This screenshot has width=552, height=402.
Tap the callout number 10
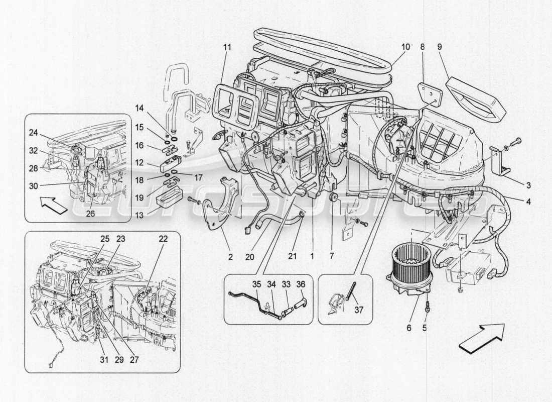[x=405, y=47]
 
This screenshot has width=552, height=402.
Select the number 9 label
[x=440, y=47]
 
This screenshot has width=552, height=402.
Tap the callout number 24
[x=33, y=133]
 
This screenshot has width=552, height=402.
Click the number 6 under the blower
[x=409, y=328]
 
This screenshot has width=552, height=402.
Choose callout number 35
[x=257, y=285]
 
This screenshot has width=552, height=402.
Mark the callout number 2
[x=230, y=257]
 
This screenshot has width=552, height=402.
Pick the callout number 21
[x=293, y=256]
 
